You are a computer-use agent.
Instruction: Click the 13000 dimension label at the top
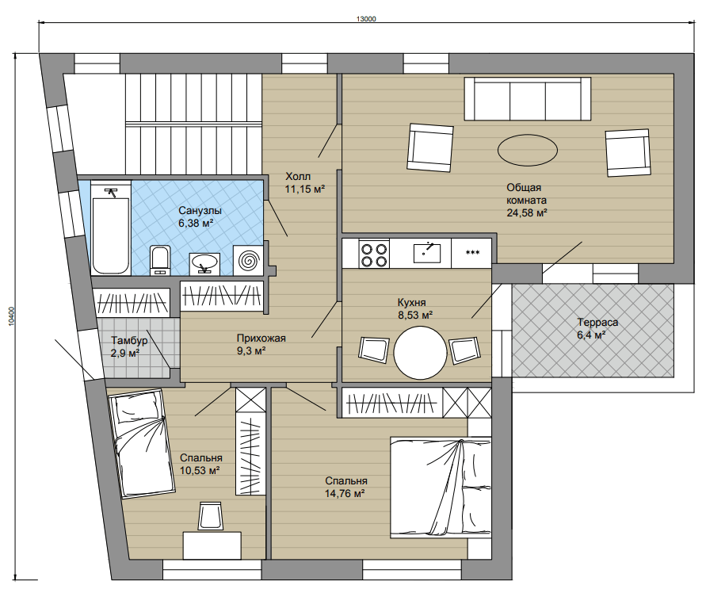365,19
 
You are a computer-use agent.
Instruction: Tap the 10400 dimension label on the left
12,316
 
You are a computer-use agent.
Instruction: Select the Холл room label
298,176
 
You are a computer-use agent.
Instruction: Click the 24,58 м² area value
527,212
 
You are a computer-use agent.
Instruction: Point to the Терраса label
597,322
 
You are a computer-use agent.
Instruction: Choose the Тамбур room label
129,341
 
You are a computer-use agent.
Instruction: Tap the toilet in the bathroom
159,260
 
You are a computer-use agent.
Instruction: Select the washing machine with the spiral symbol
249,261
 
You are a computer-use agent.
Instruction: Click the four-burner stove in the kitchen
374,254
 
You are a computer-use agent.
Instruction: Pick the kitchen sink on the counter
427,252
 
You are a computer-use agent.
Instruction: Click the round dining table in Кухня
420,352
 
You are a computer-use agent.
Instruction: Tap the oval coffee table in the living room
528,150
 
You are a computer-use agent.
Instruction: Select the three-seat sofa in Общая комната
528,98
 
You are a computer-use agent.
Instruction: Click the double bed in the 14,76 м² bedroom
441,488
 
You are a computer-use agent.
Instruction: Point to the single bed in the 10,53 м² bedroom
140,445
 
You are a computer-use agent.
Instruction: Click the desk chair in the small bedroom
210,515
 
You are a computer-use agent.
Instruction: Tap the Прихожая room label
261,338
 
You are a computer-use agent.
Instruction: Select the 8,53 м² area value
414,315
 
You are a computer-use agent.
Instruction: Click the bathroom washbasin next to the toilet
204,264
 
